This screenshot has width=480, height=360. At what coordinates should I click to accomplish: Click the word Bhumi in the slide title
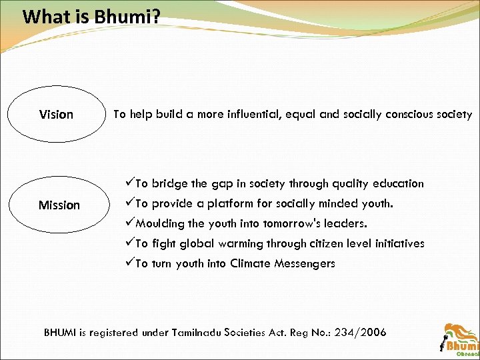[x=122, y=16]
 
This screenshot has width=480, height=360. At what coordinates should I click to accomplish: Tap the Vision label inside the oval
[x=57, y=115]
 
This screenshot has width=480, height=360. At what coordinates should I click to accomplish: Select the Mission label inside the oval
[x=59, y=205]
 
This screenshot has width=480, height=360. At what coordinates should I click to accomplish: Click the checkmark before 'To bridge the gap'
[x=129, y=183]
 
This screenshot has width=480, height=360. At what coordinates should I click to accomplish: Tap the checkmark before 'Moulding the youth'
[x=129, y=223]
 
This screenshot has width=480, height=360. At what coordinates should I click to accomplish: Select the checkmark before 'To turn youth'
[x=129, y=263]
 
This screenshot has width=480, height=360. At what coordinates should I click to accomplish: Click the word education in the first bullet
[x=397, y=183]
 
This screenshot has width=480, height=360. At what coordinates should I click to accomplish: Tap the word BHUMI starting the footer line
[x=61, y=332]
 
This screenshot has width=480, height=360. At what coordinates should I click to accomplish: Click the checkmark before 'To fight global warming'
[x=129, y=243]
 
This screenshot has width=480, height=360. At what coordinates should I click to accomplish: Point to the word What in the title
[x=46, y=16]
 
